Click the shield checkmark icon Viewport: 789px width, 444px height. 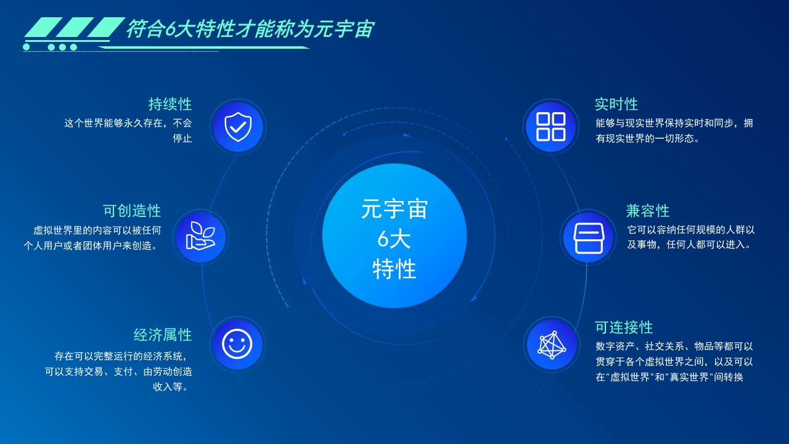(238, 127)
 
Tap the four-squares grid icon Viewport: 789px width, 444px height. (551, 127)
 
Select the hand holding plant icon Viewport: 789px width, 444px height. (200, 236)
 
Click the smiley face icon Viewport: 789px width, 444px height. (237, 344)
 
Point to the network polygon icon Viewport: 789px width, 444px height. (552, 345)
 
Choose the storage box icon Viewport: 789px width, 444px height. (589, 238)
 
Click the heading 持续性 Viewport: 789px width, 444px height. (170, 104)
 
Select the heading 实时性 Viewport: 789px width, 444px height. (616, 104)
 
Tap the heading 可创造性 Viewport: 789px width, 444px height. (132, 211)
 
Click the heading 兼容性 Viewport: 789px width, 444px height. (648, 211)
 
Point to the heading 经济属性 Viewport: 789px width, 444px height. (163, 335)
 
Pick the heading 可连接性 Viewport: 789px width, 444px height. (624, 327)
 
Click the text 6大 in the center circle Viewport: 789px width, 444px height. (394, 240)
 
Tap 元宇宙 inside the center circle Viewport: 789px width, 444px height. (394, 209)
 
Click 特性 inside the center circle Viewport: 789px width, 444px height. (394, 269)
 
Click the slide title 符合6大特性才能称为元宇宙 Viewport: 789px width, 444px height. (250, 29)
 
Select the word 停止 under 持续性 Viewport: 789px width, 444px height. (182, 138)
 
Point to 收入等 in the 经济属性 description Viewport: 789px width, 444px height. (168, 387)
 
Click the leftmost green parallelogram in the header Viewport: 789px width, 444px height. (43, 27)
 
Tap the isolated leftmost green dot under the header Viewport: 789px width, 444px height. (27, 47)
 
